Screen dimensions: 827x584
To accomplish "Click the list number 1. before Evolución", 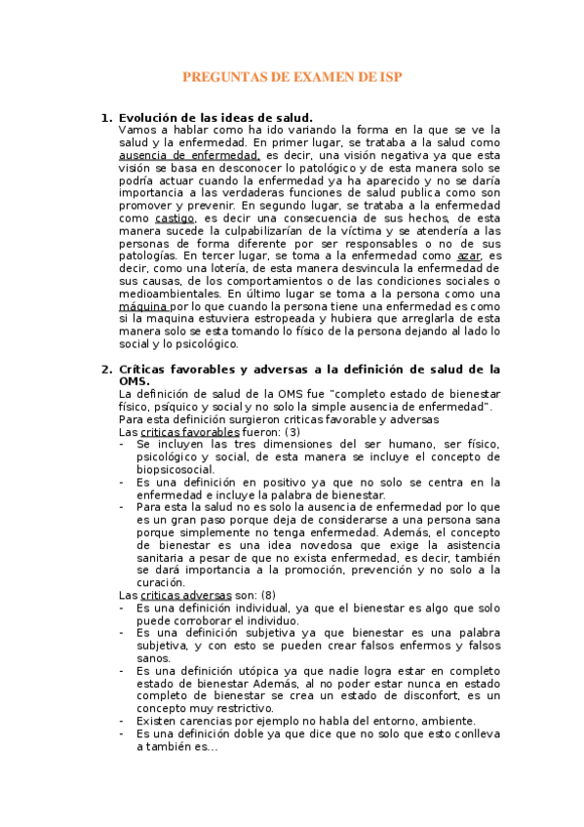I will pyautogui.click(x=107, y=118).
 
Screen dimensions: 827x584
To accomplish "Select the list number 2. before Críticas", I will pyautogui.click(x=107, y=369).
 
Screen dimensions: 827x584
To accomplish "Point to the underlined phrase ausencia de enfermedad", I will pyautogui.click(x=189, y=154).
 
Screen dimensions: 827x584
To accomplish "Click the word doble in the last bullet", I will pyautogui.click(x=264, y=733).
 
